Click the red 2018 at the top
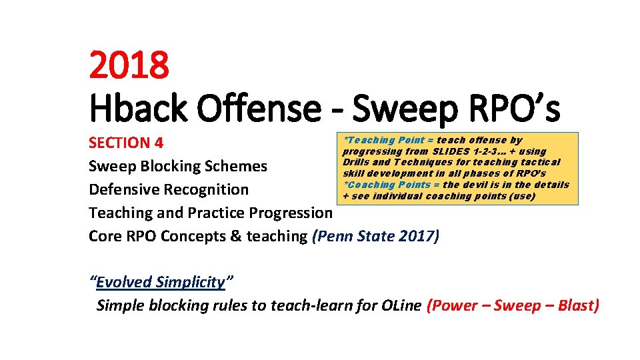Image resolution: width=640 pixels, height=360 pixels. click(129, 65)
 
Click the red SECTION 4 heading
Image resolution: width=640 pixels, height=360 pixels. click(126, 143)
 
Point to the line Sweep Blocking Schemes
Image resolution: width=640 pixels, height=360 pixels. click(178, 166)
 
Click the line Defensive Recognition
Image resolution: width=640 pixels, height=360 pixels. click(169, 189)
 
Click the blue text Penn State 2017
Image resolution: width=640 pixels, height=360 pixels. click(375, 236)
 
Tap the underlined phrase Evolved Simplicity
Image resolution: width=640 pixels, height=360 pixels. click(161, 282)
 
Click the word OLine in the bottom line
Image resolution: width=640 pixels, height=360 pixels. click(401, 305)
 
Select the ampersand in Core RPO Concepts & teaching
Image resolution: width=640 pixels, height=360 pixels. click(237, 236)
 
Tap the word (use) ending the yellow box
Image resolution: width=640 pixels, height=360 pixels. click(522, 196)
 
